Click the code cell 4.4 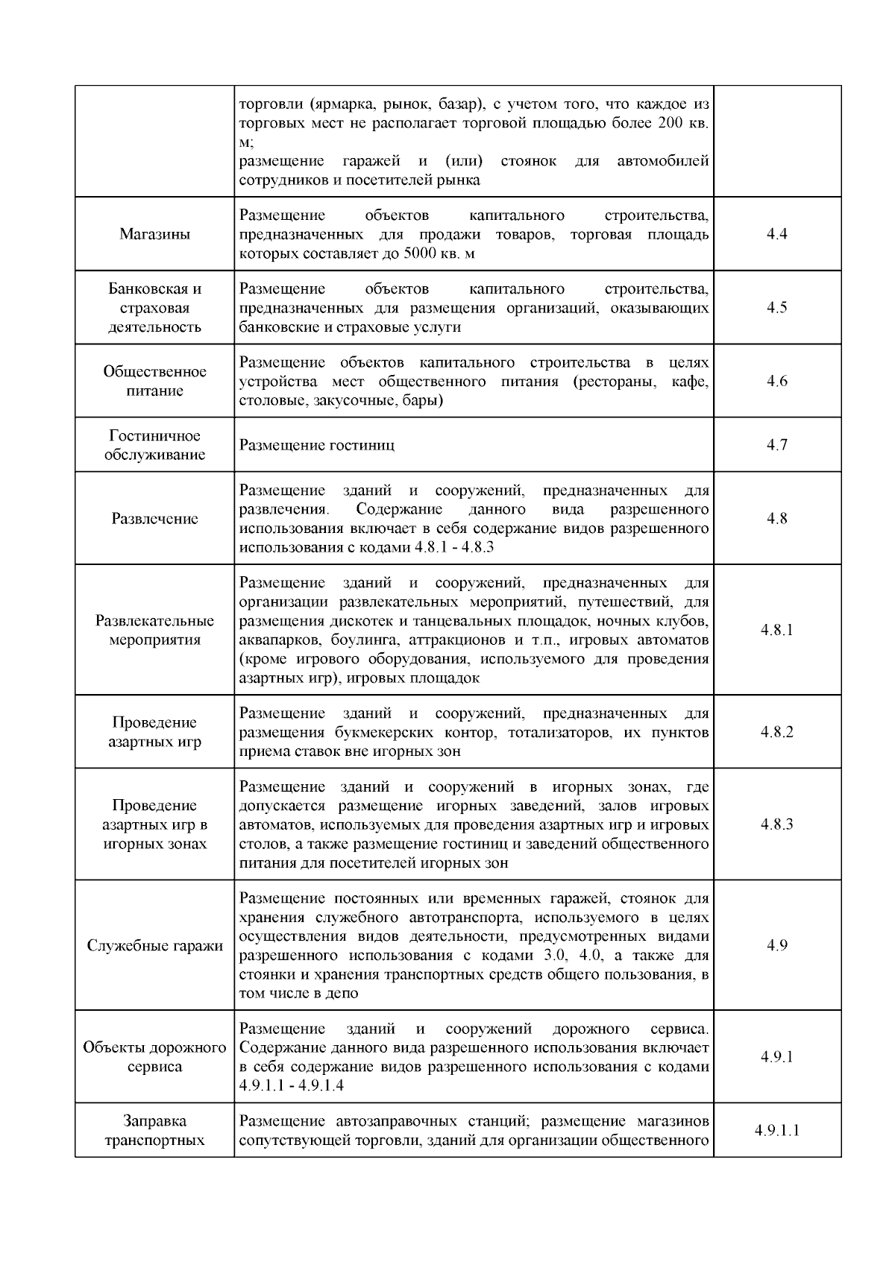pos(776,234)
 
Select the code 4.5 pos(776,308)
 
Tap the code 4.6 pos(776,381)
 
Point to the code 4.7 pos(776,445)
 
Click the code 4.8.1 pos(776,630)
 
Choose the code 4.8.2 pos(776,731)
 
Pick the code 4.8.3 pos(776,824)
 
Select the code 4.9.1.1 pos(776,1130)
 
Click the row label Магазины pos(154,234)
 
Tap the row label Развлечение pos(154,519)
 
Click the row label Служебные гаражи pos(154,946)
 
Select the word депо pos(342,994)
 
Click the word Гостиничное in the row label pos(154,435)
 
